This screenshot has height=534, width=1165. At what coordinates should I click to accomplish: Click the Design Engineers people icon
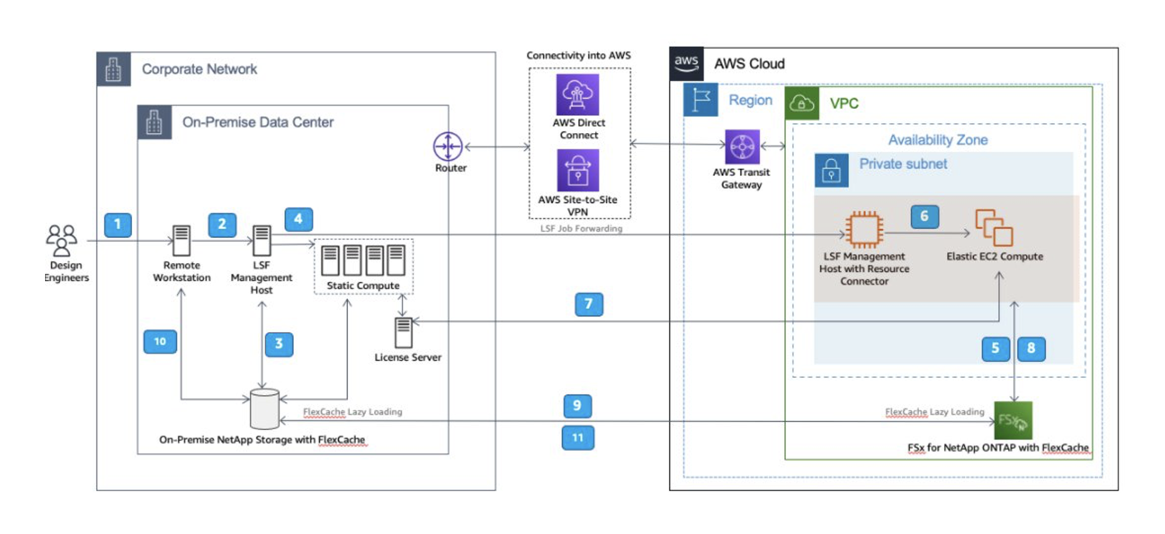pos(61,240)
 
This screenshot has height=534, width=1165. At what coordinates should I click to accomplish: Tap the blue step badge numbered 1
pos(118,224)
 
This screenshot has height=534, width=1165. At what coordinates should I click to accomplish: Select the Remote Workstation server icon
pos(181,241)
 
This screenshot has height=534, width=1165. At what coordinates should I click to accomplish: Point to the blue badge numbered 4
pos(298,219)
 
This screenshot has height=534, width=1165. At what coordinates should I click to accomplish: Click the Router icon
pos(448,146)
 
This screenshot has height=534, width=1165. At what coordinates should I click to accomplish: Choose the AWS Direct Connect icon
pos(577,95)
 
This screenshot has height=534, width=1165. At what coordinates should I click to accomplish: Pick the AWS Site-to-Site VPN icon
pos(577,170)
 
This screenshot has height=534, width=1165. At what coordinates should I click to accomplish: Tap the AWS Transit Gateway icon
pos(742,147)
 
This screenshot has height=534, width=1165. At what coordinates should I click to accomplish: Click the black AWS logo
pos(686,64)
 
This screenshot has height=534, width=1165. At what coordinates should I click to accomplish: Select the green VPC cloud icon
pos(801,104)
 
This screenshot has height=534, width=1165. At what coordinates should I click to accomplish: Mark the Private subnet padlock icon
pos(831,170)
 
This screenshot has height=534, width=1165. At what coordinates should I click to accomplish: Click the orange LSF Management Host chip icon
pos(864,230)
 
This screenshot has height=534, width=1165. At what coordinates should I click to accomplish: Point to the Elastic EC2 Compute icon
pos(994,228)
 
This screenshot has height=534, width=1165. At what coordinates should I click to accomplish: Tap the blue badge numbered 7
pos(589,305)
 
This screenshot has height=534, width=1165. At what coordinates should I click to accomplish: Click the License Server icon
pos(404,333)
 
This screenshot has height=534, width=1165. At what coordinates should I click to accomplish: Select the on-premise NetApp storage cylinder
pos(264,409)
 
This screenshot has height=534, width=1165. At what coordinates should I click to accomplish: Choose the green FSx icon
pos(1013,420)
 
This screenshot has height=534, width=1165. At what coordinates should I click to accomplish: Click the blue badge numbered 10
pos(160,341)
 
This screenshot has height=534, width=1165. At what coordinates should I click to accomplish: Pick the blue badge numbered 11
pos(577,438)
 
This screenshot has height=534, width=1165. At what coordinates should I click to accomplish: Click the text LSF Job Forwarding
pos(581,229)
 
